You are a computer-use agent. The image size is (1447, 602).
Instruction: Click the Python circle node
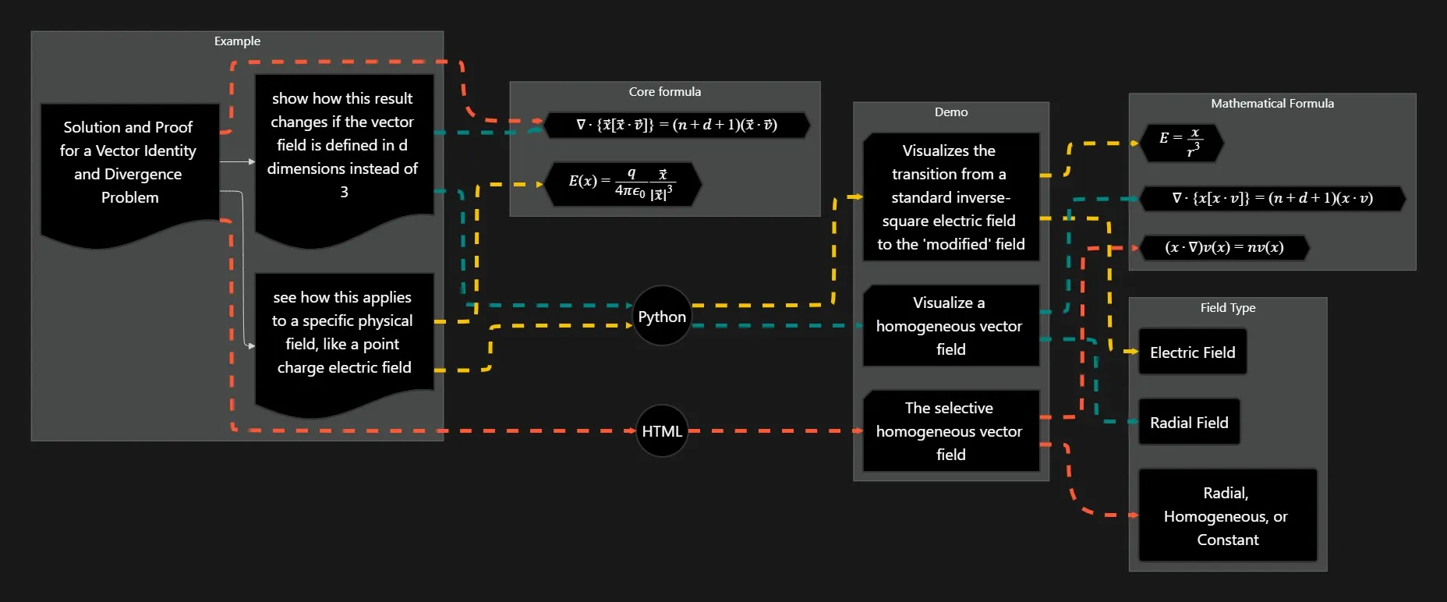point(662,316)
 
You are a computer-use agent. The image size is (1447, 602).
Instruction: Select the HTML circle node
point(662,430)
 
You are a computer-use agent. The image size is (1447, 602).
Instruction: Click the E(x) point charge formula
point(622,184)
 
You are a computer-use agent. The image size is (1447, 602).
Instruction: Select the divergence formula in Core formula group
point(677,125)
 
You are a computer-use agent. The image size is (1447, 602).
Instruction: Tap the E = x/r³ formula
point(1180,143)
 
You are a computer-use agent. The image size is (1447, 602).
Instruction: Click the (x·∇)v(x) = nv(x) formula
point(1224,247)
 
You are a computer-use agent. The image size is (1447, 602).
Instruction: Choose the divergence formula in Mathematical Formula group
point(1272,198)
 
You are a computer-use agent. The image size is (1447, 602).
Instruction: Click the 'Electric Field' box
point(1192,352)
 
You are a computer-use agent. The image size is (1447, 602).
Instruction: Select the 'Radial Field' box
point(1189,422)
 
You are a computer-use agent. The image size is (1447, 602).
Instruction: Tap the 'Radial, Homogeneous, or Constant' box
point(1227,515)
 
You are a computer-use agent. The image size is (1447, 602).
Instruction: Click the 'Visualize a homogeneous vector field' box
point(950,325)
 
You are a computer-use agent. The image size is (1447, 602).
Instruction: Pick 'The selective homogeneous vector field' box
point(950,430)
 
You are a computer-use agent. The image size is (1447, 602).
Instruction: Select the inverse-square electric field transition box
point(950,197)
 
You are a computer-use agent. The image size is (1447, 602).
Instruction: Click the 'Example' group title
point(237,41)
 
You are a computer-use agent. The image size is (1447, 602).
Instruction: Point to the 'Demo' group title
point(951,112)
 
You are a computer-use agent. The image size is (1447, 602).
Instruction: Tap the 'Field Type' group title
point(1227,308)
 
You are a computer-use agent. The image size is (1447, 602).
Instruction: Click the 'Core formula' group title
point(664,92)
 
